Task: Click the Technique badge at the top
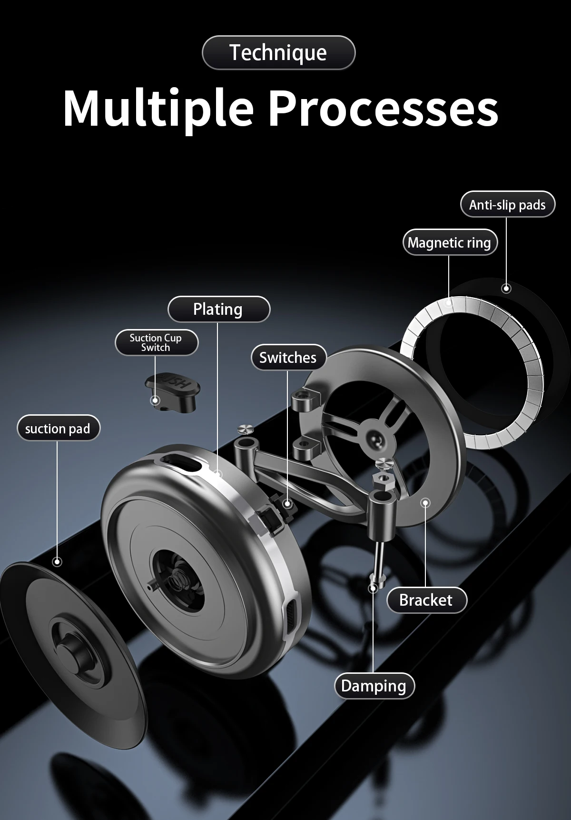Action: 278,52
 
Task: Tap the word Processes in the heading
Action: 384,109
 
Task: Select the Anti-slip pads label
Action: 507,205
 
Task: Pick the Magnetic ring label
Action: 449,242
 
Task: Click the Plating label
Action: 218,309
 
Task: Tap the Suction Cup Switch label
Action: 156,342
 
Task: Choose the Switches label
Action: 288,357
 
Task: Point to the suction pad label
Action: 58,429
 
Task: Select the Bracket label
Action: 426,600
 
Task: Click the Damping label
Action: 374,686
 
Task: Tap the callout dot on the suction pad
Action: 57,562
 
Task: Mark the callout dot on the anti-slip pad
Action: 506,288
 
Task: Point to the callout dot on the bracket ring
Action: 425,502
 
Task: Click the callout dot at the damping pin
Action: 374,588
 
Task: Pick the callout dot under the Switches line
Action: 287,503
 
